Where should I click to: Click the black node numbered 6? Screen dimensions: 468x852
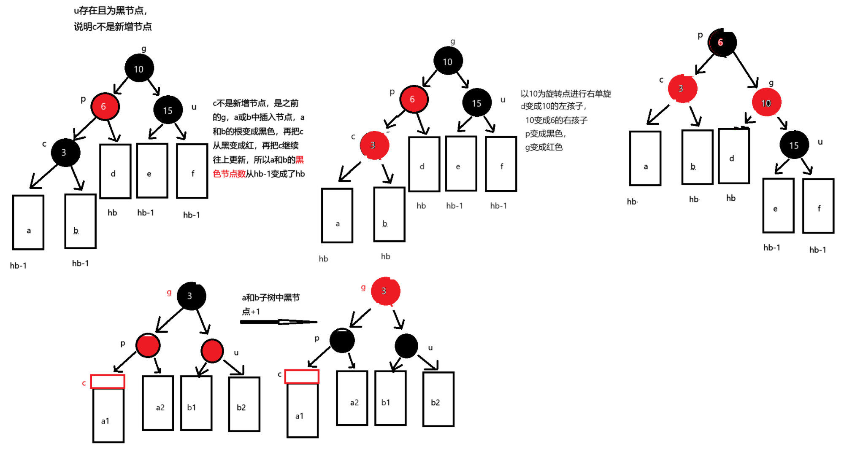click(722, 43)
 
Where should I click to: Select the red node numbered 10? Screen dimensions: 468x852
click(766, 102)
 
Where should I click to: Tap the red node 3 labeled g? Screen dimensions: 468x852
click(384, 291)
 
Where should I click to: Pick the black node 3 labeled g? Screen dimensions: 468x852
click(191, 296)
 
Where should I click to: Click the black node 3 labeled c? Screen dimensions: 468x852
click(65, 152)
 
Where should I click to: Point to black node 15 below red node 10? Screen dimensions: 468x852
click(794, 145)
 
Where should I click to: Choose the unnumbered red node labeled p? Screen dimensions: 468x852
click(148, 345)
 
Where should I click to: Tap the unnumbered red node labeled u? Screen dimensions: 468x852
click(212, 350)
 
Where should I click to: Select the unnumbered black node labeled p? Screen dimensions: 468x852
click(342, 340)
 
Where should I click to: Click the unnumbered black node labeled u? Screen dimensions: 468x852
click(406, 346)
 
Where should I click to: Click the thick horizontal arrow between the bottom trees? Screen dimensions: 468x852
click(279, 322)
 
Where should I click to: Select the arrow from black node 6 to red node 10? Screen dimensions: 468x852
click(746, 70)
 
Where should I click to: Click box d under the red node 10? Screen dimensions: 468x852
click(733, 156)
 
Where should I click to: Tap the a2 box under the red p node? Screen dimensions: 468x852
click(158, 403)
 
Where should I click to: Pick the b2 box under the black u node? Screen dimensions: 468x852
click(438, 399)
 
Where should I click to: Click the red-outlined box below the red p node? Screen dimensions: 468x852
click(108, 382)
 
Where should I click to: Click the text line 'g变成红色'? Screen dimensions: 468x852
click(544, 147)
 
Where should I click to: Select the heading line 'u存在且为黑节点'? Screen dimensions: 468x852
click(111, 11)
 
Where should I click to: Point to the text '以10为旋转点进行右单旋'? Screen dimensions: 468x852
click(565, 94)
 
